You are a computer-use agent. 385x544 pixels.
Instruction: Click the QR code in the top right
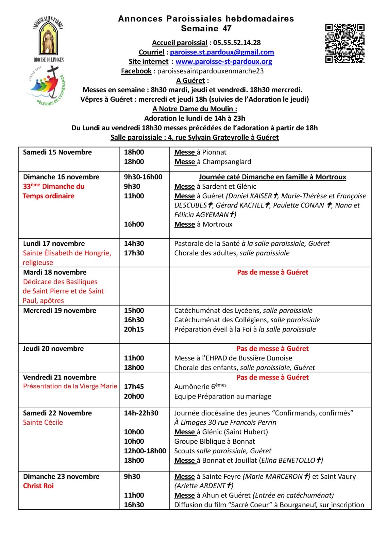point(345,43)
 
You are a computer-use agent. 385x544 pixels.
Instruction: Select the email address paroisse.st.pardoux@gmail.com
point(222,52)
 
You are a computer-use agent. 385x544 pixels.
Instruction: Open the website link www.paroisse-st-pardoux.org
point(223,62)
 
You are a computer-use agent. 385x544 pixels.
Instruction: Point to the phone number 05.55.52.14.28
point(237,43)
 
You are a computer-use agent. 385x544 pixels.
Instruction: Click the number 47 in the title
point(227,29)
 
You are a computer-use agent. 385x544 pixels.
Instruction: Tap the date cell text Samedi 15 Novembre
point(57,152)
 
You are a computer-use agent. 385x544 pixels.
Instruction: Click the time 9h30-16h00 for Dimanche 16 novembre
point(143,177)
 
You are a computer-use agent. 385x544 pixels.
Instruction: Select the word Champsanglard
point(227,162)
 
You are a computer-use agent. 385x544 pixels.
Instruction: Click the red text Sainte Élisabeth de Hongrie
point(67,253)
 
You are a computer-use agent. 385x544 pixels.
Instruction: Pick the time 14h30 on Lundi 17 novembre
point(134,243)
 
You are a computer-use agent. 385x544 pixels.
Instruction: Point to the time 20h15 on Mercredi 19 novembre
point(134,329)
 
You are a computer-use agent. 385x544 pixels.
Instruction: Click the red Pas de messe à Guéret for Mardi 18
point(272,272)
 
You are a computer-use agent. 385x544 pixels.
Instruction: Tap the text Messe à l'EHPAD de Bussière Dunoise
point(233,358)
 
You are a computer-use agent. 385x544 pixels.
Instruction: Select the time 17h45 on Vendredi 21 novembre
point(134,387)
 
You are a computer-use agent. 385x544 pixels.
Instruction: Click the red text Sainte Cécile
point(43,422)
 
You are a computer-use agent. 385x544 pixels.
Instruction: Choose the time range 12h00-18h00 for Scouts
point(145,451)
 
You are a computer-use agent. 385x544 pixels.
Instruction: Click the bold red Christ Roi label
point(38,486)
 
